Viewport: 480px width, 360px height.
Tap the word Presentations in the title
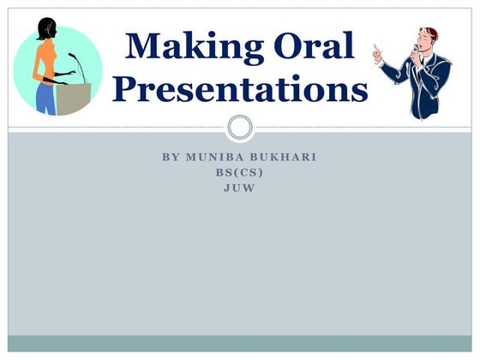240,87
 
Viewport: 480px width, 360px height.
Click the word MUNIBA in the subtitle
217,159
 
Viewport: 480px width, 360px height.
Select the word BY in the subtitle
170,159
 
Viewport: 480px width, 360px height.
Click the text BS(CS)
240,172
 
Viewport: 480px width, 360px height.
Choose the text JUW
240,186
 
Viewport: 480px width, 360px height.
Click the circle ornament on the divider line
240,129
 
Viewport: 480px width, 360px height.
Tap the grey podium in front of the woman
74,98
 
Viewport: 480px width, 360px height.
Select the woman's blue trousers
45,98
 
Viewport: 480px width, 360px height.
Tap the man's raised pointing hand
377,53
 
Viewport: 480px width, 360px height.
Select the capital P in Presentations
129,87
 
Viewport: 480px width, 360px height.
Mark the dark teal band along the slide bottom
240,343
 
